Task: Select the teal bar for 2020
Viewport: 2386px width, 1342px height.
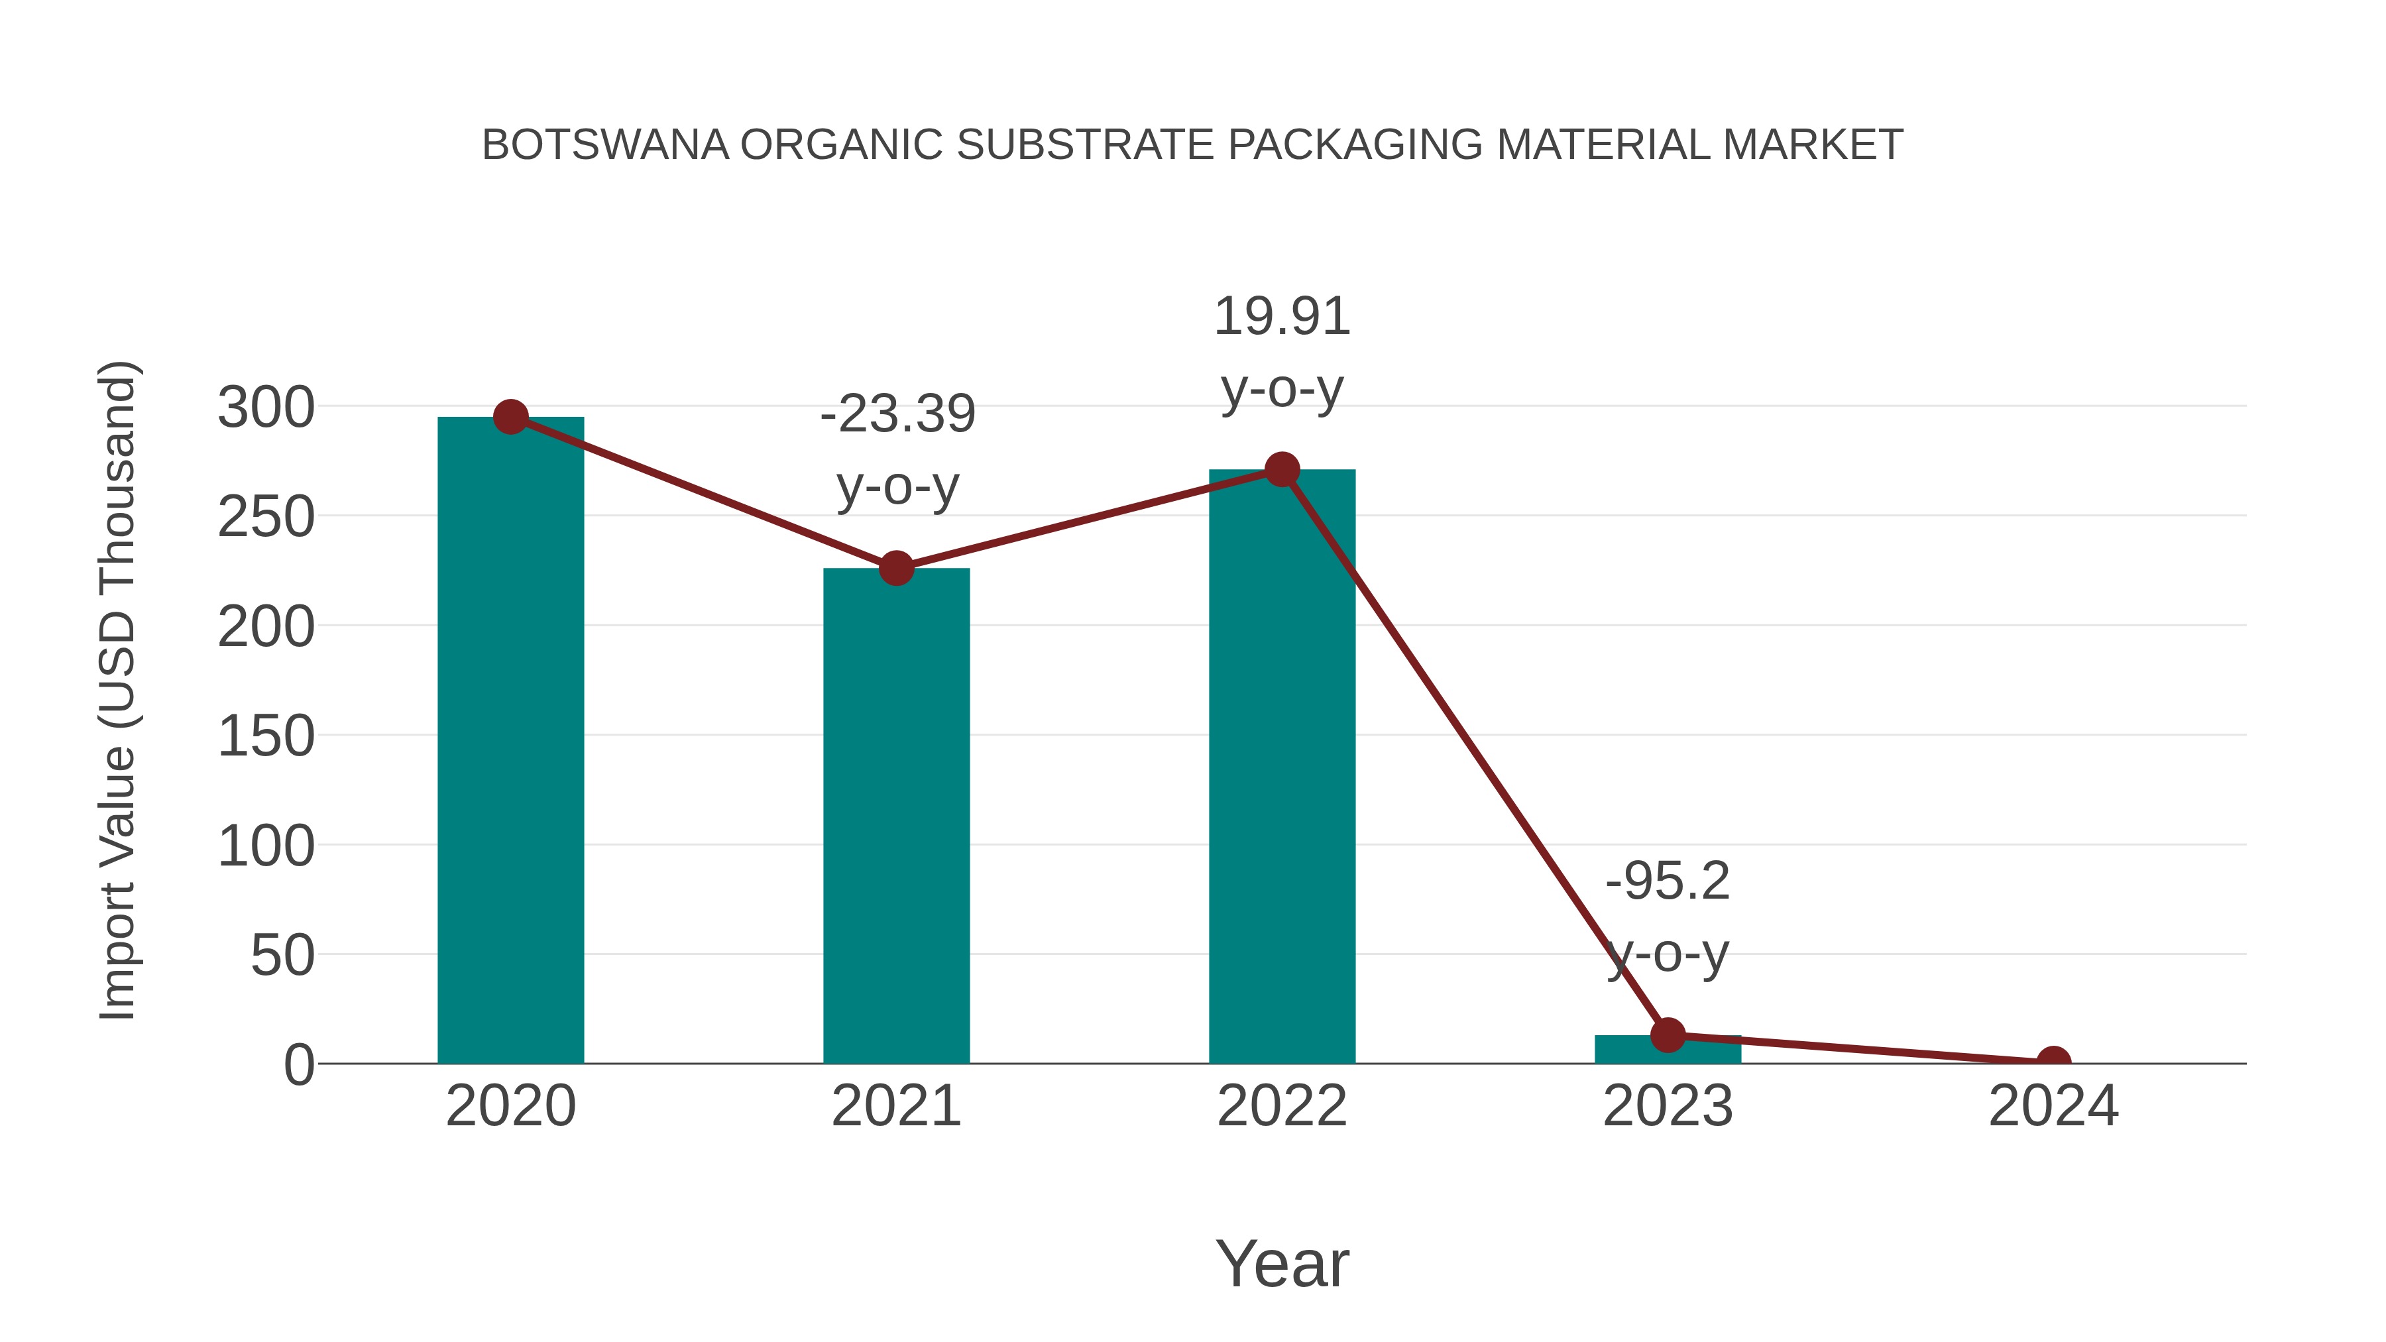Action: pos(510,741)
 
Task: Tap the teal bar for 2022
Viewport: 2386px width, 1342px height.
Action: pos(1281,769)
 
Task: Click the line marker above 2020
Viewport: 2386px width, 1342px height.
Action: pos(510,417)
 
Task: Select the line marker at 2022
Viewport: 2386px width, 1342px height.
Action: pos(1281,470)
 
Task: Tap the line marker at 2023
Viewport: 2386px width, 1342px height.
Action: pos(1668,1034)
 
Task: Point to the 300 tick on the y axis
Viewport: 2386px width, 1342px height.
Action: pos(266,408)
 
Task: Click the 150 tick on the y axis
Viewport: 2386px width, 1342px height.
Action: pos(266,737)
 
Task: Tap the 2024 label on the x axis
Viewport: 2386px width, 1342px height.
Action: pos(2053,1106)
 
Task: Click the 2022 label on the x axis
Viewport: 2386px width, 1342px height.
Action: pos(1281,1106)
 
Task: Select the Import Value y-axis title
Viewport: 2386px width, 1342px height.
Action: pos(119,690)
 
